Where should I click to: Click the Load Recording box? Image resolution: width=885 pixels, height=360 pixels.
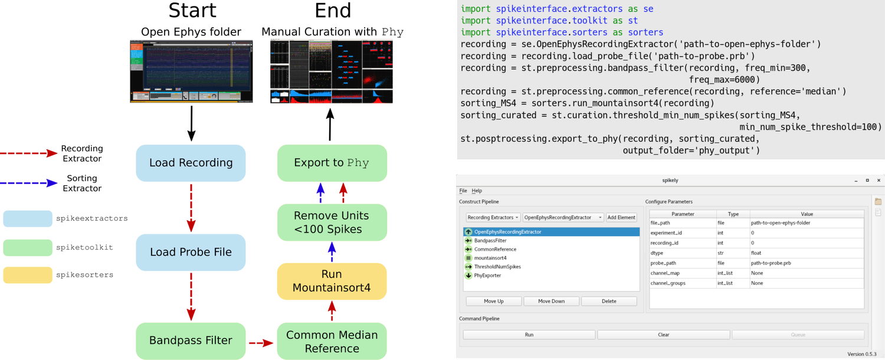[191, 163]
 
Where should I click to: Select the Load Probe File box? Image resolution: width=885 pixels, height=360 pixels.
[191, 252]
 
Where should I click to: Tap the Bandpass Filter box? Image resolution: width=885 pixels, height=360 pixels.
[191, 341]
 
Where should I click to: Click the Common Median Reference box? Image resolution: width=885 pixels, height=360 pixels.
[332, 341]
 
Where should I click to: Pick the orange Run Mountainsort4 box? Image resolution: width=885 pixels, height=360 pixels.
[332, 281]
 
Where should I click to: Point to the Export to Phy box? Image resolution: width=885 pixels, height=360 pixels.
[332, 163]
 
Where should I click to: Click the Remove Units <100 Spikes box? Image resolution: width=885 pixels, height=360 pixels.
[332, 222]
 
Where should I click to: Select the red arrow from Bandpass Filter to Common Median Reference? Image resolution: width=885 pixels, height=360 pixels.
[261, 342]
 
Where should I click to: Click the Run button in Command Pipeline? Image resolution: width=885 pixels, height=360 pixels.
[529, 335]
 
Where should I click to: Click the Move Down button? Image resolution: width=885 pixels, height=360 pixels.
[551, 301]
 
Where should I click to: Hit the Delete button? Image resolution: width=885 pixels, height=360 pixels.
[608, 301]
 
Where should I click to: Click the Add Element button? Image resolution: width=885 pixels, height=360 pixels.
[621, 217]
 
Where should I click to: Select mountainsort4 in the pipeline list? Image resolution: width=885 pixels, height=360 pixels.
[490, 258]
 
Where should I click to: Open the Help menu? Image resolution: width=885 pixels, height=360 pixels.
[477, 191]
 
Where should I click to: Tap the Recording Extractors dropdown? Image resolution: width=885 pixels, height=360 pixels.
[493, 217]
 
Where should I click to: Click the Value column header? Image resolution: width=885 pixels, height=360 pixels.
[807, 214]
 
